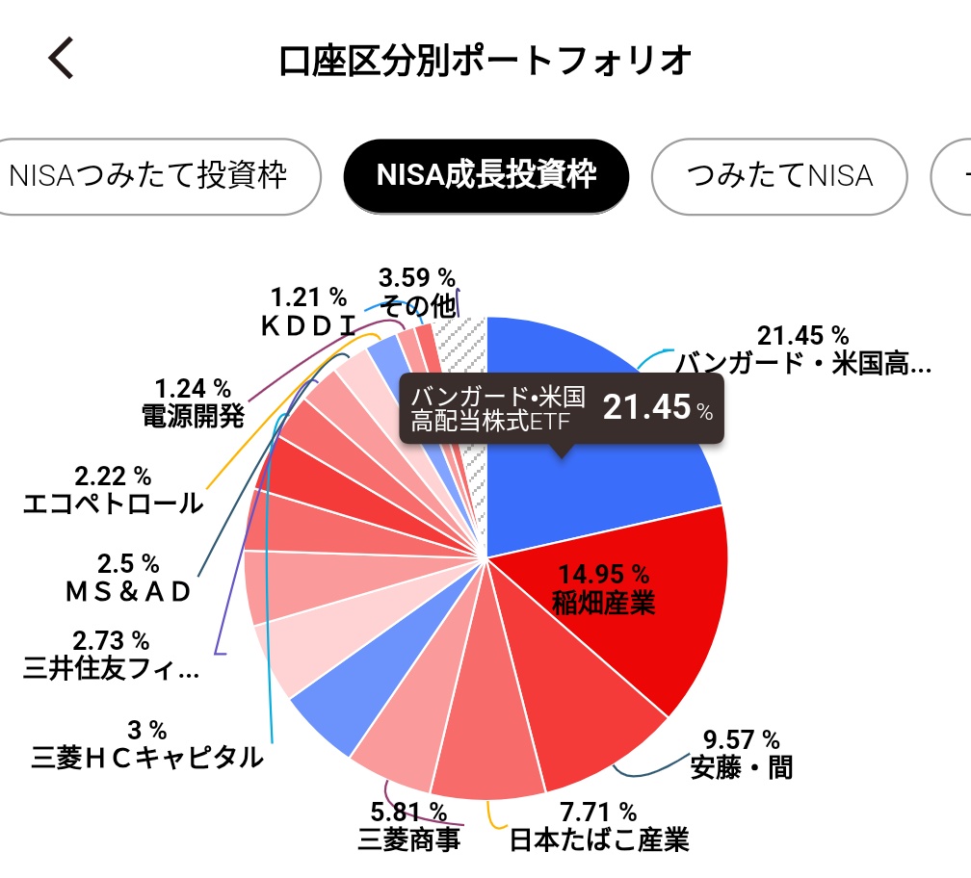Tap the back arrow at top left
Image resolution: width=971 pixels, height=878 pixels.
(61, 59)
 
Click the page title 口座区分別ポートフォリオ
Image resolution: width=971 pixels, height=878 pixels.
(485, 60)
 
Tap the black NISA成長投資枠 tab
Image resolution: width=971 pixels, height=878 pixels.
(486, 176)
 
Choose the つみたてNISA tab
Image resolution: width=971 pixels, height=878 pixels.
(779, 176)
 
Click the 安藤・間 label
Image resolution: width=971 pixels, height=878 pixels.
(741, 768)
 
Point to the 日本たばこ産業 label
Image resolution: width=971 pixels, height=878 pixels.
(599, 839)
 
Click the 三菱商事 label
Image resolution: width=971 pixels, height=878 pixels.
(407, 839)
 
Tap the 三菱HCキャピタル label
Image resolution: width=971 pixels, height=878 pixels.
(146, 757)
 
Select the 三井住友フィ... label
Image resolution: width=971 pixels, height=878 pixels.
(112, 668)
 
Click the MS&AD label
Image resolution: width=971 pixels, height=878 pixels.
(128, 591)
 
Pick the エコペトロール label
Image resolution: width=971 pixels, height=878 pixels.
(113, 503)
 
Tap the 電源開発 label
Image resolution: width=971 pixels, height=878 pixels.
(193, 416)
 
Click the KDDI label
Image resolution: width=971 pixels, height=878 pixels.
(308, 325)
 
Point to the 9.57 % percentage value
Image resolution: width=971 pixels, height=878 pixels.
(741, 739)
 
